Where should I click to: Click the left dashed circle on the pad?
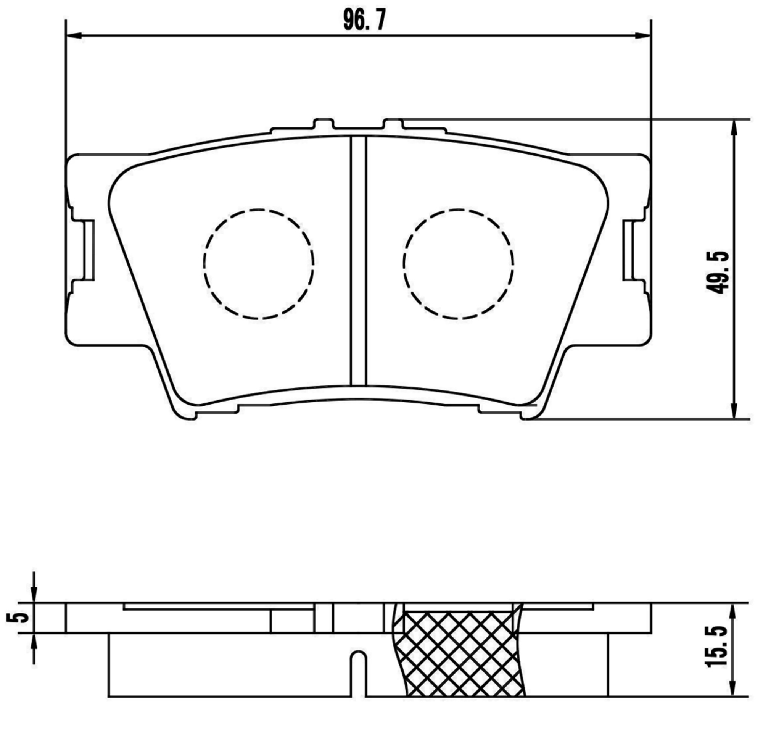(x=259, y=264)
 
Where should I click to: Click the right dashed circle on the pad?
(x=458, y=264)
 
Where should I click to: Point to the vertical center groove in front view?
(x=359, y=261)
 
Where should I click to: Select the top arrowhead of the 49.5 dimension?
(x=734, y=127)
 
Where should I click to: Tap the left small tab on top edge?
(x=324, y=124)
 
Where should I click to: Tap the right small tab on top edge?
(x=393, y=124)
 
